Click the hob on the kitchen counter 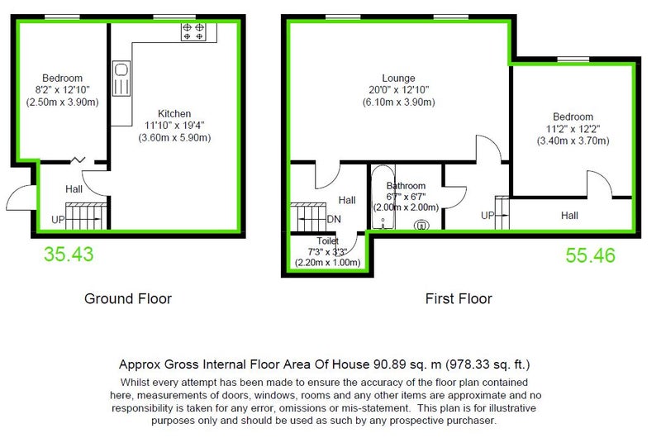point(193,32)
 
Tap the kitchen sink point(121,79)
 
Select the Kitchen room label point(174,114)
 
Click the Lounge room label point(398,79)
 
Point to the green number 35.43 point(69,255)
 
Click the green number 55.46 point(590,255)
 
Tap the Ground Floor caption point(128,298)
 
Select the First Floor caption point(459,298)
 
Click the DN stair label point(334,219)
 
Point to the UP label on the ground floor point(58,220)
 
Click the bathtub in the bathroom point(383,198)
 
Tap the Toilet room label point(327,241)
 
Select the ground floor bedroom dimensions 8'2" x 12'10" point(63,90)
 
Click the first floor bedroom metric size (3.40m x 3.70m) point(573,140)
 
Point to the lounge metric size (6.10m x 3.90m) point(398,102)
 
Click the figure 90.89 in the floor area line point(389,364)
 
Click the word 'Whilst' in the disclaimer point(133,383)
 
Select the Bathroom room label point(406,186)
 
